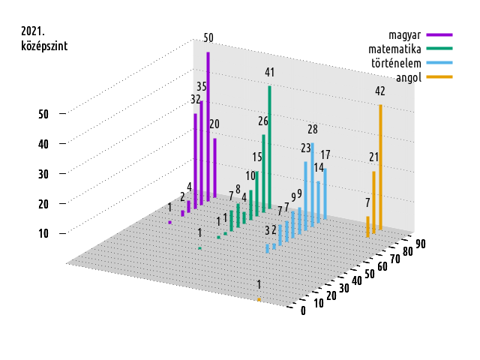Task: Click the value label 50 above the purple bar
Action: click(x=208, y=37)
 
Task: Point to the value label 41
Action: click(x=270, y=72)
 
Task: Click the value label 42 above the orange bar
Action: click(x=380, y=91)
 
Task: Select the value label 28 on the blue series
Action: click(x=313, y=129)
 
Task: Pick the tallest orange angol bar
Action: click(x=380, y=165)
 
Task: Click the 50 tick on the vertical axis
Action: click(x=43, y=114)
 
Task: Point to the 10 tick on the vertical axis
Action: click(x=43, y=233)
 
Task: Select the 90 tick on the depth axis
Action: click(x=421, y=242)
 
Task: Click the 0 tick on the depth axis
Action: click(x=303, y=311)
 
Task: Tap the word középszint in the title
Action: click(x=44, y=45)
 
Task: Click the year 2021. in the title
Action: click(x=33, y=31)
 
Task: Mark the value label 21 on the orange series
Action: click(x=373, y=157)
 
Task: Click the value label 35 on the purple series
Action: click(x=202, y=86)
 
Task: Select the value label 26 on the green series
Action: click(x=263, y=121)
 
